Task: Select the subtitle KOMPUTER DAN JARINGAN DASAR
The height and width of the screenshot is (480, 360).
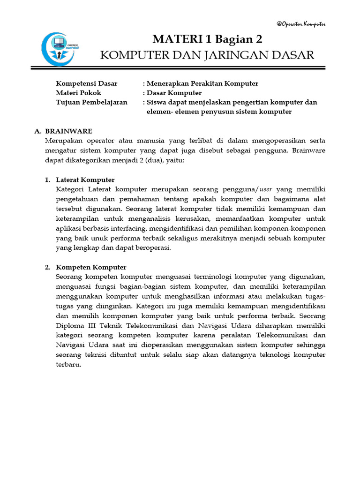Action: pyautogui.click(x=207, y=55)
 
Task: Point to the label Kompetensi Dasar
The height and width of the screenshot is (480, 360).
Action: pyautogui.click(x=87, y=83)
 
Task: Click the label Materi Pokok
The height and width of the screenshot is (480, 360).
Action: pyautogui.click(x=78, y=93)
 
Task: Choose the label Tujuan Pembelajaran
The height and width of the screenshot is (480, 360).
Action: pyautogui.click(x=91, y=102)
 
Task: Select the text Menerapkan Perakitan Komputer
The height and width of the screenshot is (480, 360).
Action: pyautogui.click(x=202, y=83)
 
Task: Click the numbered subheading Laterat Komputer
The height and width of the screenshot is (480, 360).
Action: pyautogui.click(x=85, y=180)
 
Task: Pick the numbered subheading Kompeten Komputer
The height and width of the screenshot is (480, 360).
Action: pyautogui.click(x=91, y=267)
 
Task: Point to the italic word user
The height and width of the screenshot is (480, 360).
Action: pyautogui.click(x=266, y=189)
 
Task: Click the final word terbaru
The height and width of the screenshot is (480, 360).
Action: pyautogui.click(x=68, y=365)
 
